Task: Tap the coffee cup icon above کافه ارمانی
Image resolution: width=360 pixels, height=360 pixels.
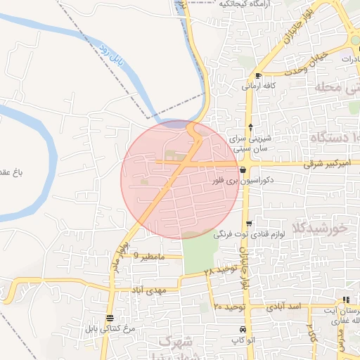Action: tap(259, 75)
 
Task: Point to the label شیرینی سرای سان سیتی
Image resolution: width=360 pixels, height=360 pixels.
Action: tap(250, 143)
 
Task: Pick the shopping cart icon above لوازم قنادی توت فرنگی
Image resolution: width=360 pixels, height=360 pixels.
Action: tap(249, 224)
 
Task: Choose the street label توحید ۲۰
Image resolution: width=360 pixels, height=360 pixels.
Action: tap(229, 307)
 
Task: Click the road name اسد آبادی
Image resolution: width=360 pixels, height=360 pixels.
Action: tap(284, 307)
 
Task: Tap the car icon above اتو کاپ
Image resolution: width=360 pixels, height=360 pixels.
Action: tap(243, 330)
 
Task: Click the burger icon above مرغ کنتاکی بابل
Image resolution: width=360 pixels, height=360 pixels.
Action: tap(109, 318)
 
